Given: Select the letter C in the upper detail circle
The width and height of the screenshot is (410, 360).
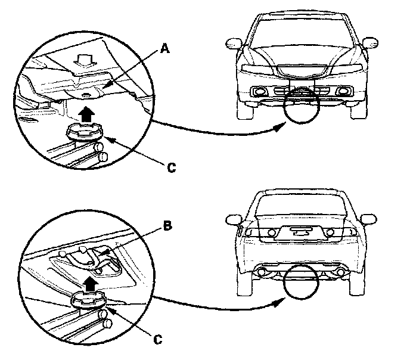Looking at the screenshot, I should point(170,169).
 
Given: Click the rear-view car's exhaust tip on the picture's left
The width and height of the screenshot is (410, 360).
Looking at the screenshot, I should point(260,272).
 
